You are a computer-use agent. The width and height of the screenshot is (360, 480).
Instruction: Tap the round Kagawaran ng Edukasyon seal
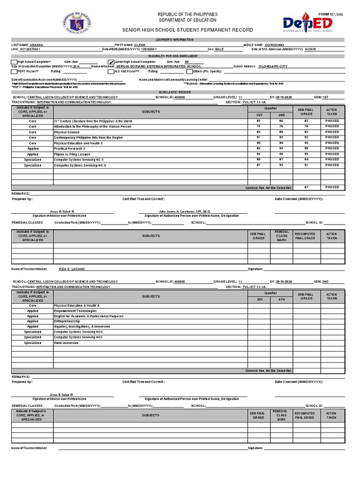(x=76, y=22)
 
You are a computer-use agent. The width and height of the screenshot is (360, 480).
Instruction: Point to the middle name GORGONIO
(x=280, y=45)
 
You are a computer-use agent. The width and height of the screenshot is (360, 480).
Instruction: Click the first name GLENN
(x=140, y=45)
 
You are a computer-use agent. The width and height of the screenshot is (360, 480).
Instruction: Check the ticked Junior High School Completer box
(x=111, y=62)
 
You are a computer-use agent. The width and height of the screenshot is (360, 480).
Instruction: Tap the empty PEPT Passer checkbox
(x=14, y=72)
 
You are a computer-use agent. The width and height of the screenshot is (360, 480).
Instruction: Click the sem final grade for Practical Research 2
(x=306, y=149)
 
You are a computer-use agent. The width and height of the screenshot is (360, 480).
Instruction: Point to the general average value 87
(x=306, y=187)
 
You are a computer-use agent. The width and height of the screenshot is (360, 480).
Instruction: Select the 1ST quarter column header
(x=259, y=115)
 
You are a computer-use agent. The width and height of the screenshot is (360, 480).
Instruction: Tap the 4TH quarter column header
(x=282, y=300)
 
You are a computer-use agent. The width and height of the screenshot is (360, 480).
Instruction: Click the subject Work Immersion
(x=67, y=343)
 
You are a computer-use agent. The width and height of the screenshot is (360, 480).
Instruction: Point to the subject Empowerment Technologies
(x=75, y=310)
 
